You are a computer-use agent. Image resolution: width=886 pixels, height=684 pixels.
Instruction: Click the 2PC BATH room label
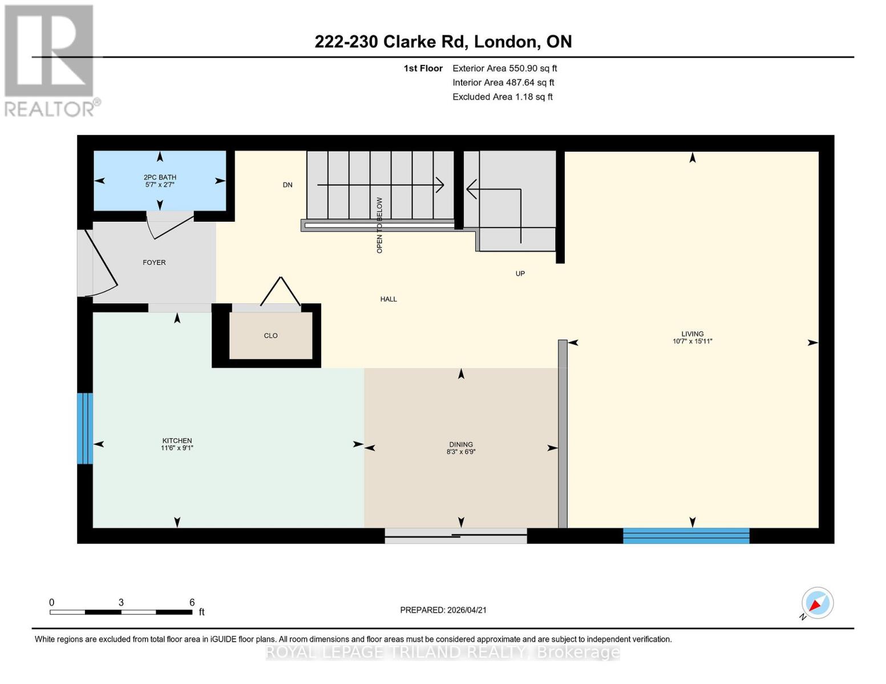(160, 177)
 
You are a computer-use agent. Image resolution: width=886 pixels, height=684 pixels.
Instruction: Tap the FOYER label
(154, 263)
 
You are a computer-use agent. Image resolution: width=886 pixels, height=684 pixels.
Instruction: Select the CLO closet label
(270, 336)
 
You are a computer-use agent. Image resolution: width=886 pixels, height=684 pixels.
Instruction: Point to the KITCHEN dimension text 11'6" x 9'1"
(177, 448)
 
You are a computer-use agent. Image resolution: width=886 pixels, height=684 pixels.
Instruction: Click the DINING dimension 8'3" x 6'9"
(461, 452)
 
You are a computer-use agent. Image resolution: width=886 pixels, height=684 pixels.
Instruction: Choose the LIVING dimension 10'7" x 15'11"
(692, 341)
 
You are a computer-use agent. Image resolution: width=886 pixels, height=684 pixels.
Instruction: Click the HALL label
(389, 299)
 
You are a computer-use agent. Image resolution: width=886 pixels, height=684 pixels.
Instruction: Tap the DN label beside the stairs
(288, 185)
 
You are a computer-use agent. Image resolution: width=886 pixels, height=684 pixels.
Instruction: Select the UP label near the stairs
(520, 274)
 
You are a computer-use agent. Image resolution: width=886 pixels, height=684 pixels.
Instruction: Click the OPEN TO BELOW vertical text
(379, 225)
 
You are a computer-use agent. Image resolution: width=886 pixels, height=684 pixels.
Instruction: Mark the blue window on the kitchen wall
(84, 429)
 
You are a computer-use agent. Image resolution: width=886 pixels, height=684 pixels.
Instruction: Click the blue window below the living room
(686, 536)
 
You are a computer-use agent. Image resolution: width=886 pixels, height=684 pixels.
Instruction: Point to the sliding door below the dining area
(455, 535)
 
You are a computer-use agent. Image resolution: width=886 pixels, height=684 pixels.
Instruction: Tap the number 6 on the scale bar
(192, 602)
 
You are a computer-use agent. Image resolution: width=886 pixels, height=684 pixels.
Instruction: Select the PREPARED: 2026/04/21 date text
(443, 610)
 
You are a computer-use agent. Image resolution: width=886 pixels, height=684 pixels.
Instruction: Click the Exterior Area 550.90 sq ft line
(504, 68)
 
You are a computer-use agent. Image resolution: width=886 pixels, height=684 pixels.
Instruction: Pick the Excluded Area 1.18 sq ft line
(502, 97)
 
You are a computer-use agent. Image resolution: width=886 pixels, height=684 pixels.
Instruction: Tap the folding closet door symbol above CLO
(280, 292)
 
